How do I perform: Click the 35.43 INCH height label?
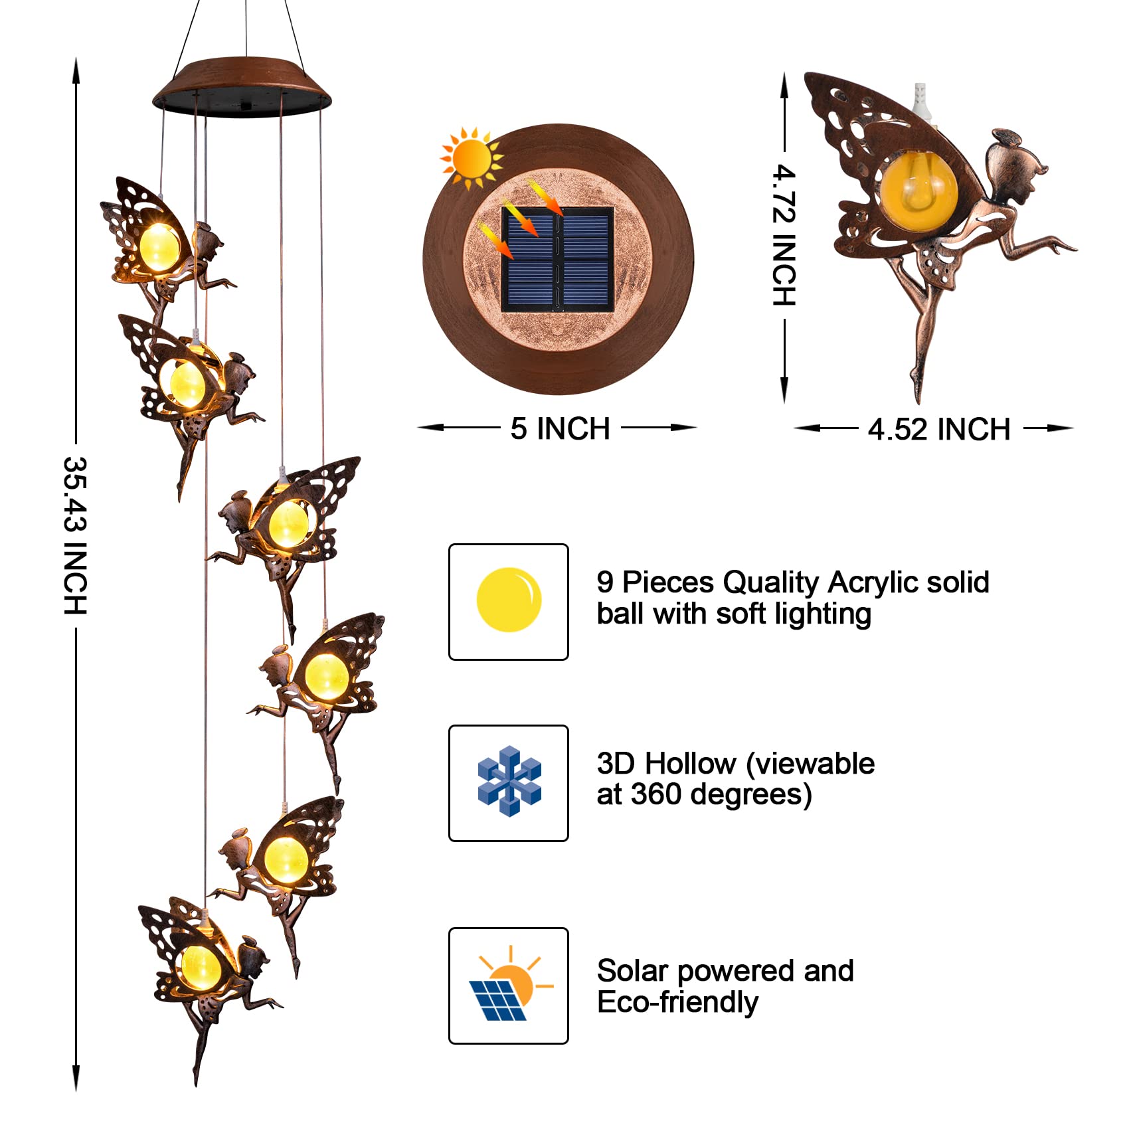click(x=75, y=535)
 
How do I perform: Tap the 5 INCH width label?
click(x=559, y=428)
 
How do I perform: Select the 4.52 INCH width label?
click(x=938, y=429)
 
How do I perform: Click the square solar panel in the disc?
click(x=557, y=259)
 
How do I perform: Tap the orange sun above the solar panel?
click(x=472, y=157)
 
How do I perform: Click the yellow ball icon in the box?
click(x=509, y=600)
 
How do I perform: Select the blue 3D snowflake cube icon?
click(x=509, y=781)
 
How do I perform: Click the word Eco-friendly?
click(x=677, y=1002)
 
